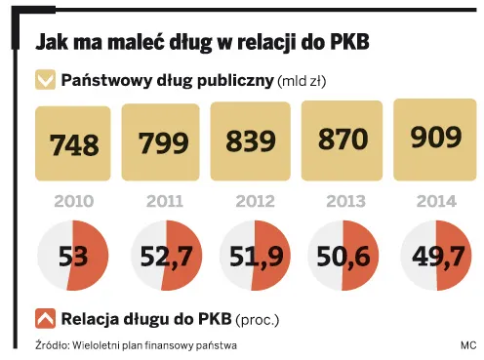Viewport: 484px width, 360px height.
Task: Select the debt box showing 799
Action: [164, 143]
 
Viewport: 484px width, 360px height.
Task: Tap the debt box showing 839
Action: [252, 142]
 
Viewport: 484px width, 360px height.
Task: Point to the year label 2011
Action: [164, 203]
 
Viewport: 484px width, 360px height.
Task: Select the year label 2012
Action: [252, 203]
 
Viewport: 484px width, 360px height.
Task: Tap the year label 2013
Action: [341, 203]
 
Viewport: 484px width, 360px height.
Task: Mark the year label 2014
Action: [429, 203]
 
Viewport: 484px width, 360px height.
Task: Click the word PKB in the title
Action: [346, 44]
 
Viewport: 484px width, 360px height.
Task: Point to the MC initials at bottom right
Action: [467, 345]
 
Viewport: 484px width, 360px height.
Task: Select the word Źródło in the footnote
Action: [54, 345]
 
